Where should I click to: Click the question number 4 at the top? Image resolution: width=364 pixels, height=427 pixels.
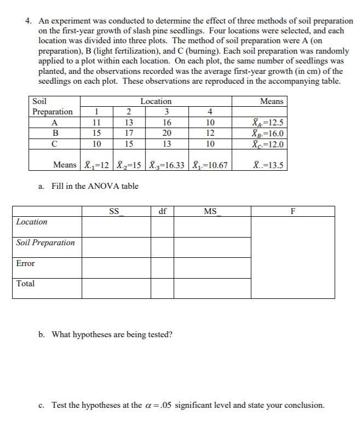(x=28, y=21)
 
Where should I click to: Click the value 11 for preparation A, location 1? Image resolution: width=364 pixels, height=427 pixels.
(x=96, y=123)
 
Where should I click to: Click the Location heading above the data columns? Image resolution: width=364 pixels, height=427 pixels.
(x=155, y=101)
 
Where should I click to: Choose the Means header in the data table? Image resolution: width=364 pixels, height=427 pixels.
(x=271, y=101)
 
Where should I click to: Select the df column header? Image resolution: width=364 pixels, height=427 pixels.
(x=162, y=211)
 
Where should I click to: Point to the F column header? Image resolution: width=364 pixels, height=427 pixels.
(x=293, y=211)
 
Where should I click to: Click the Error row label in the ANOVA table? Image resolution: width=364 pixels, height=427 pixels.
(x=25, y=263)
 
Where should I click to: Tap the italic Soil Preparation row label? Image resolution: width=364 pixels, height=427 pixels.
(x=46, y=243)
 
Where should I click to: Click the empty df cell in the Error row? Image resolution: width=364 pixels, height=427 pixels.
(x=162, y=267)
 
